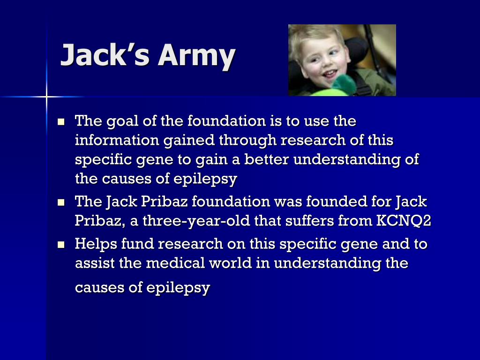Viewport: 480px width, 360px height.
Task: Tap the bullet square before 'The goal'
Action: coord(61,122)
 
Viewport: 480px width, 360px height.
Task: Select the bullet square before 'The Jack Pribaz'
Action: coord(61,202)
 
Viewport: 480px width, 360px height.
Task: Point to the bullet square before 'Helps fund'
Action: coord(61,245)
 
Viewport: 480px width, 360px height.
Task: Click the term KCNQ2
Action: coord(404,221)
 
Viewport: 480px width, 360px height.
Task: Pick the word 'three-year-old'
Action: coord(196,221)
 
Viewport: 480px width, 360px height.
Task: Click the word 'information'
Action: coord(117,140)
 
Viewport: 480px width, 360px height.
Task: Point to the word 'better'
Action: coord(266,159)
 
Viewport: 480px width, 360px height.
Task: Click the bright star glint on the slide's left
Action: coord(46,97)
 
